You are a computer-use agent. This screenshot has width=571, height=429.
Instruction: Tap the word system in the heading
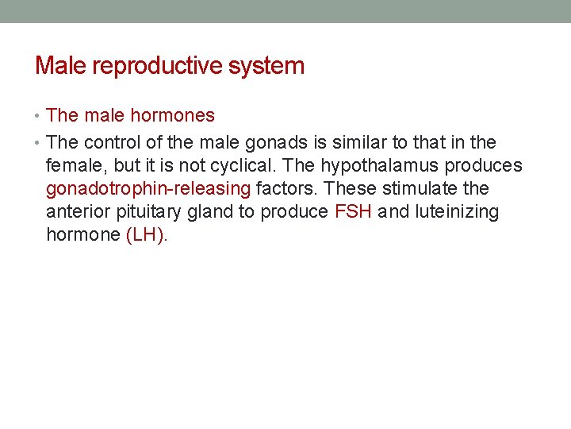[266, 66]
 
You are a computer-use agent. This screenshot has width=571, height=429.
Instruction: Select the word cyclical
[262, 166]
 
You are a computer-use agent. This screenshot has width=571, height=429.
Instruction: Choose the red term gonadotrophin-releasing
[148, 189]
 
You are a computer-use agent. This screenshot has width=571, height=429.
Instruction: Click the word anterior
[76, 212]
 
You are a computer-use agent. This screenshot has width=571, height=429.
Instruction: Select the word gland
[201, 212]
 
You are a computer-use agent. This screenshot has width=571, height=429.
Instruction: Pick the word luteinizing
[458, 212]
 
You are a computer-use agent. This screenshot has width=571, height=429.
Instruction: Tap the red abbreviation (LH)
[147, 235]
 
